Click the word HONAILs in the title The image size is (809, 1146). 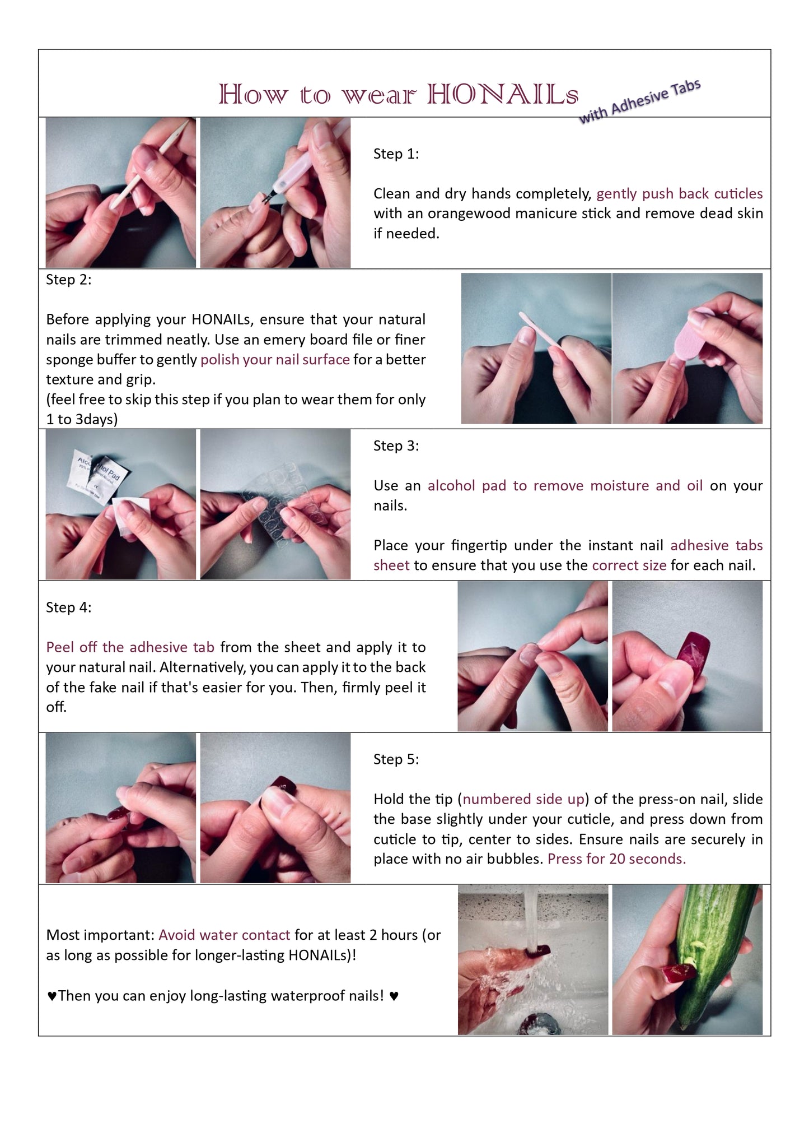pyautogui.click(x=502, y=94)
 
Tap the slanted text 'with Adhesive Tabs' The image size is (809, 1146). pyautogui.click(x=639, y=101)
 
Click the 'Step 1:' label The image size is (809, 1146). pyautogui.click(x=396, y=154)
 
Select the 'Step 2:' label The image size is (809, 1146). pyautogui.click(x=68, y=280)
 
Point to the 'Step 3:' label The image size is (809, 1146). pyautogui.click(x=396, y=446)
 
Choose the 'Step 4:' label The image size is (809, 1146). pyautogui.click(x=68, y=607)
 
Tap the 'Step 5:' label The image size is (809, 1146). pyautogui.click(x=396, y=759)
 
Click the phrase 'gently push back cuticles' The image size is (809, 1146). pyautogui.click(x=680, y=194)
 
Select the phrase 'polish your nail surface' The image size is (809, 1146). pyautogui.click(x=275, y=360)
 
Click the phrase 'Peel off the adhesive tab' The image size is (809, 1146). pyautogui.click(x=130, y=647)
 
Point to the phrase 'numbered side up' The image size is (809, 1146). pyautogui.click(x=523, y=799)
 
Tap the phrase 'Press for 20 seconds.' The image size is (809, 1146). pyautogui.click(x=616, y=859)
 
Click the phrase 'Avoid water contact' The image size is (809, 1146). pyautogui.click(x=224, y=935)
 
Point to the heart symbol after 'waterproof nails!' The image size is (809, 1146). pyautogui.click(x=394, y=996)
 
